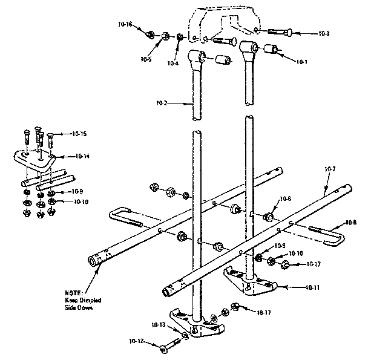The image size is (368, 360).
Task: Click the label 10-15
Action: click(79, 133)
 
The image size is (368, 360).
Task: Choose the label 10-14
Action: click(84, 156)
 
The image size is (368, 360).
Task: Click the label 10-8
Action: click(352, 221)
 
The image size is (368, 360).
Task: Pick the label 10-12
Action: click(136, 342)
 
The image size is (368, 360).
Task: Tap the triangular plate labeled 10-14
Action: click(35, 160)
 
